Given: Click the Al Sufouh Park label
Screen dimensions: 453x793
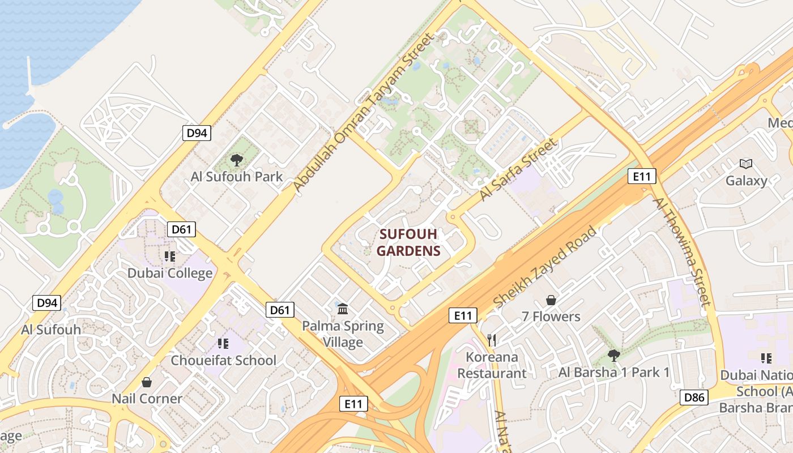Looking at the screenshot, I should (236, 176).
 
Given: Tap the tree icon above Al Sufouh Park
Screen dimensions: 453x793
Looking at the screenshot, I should (236, 160).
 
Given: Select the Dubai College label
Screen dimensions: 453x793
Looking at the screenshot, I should (170, 273).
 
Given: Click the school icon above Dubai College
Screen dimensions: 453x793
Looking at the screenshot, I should (170, 257).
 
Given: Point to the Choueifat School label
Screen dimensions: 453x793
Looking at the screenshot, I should (224, 360).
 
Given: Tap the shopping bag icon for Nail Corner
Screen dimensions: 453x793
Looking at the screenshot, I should (147, 382).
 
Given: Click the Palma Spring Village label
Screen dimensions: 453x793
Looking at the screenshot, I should (343, 334).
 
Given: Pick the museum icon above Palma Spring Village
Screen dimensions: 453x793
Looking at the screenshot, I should (343, 309).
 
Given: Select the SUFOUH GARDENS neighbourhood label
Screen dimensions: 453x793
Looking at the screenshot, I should (408, 242).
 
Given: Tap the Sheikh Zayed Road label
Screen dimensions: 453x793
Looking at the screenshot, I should (545, 267).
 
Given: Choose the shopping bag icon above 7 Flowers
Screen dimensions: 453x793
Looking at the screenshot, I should (551, 300).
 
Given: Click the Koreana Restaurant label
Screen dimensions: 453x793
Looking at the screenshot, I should (492, 365).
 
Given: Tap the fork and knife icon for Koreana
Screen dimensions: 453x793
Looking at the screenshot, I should (492, 340).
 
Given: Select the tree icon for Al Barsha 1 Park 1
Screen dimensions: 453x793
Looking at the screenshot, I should (613, 356).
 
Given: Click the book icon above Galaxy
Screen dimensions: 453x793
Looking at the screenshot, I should (746, 164).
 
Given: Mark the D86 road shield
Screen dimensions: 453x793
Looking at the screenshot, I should (694, 398).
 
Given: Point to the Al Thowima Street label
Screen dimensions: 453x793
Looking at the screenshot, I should (681, 252).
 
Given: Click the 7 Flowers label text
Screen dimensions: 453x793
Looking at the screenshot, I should (551, 317).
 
